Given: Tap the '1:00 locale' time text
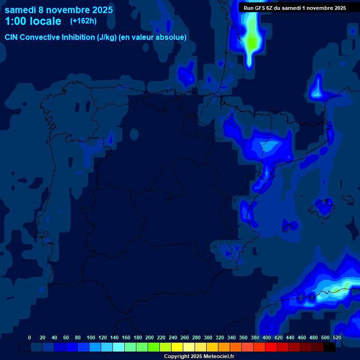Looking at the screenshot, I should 33,21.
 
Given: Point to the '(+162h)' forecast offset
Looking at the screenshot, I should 83,21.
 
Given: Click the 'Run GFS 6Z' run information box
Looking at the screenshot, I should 295,7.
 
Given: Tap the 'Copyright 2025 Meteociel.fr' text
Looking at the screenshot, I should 199,356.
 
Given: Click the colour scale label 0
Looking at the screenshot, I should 30,337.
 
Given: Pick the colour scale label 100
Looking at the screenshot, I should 91,337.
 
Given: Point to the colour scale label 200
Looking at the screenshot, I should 150,337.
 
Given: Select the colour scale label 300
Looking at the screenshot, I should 208,337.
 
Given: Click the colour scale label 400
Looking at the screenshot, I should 267,337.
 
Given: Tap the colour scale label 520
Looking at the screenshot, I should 337,337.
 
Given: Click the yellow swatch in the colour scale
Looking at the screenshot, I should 177,347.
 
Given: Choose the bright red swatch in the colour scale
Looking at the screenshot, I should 271,347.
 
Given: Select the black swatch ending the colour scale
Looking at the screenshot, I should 330,347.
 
